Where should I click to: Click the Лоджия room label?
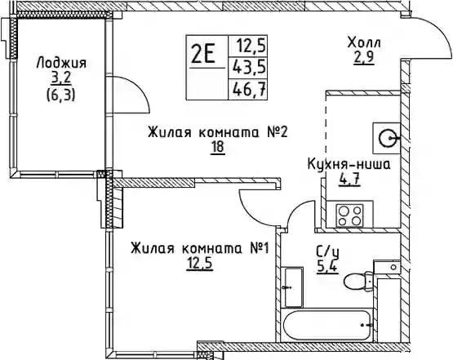coord(61,64)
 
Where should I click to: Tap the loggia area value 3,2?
coord(61,78)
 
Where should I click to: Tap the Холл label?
coord(364,42)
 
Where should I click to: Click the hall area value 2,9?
coord(364,58)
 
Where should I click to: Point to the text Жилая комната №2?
coord(218,133)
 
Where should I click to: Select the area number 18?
coord(218,147)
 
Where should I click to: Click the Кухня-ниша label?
coord(349,165)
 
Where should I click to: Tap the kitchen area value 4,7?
coord(349,180)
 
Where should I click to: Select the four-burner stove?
coord(350,215)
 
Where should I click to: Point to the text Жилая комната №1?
coord(200,249)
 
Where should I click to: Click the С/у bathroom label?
coord(328,253)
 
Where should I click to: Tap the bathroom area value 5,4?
coord(327,267)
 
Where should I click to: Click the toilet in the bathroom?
coord(358,281)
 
